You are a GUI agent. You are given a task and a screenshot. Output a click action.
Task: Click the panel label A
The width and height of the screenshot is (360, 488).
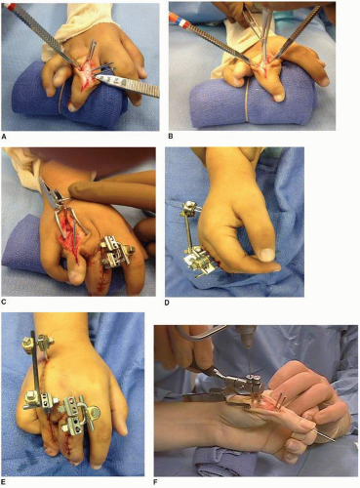(4, 137)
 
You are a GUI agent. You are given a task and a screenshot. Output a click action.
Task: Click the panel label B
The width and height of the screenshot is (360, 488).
(171, 137)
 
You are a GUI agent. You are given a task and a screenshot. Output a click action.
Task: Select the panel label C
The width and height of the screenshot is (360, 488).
(4, 303)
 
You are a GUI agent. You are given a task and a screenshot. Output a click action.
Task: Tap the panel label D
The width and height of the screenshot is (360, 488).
(168, 303)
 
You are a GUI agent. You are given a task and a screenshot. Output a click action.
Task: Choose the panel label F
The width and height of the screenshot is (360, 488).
(157, 481)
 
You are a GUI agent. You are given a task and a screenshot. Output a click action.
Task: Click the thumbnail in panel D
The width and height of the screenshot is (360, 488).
(266, 255)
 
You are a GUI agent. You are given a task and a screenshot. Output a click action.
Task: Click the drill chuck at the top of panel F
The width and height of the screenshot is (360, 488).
(250, 337)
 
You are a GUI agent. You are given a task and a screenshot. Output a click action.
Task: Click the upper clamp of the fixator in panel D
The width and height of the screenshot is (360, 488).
(187, 206)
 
